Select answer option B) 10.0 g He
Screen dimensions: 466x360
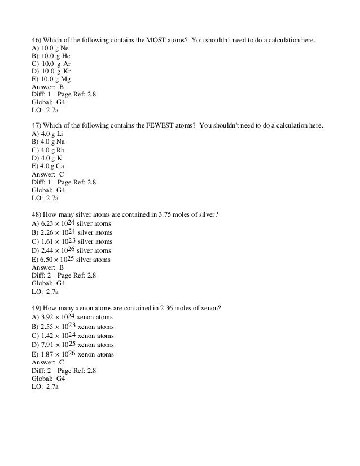pos(50,56)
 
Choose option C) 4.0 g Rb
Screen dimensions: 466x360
pos(47,151)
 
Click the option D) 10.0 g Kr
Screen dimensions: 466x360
pos(50,72)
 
